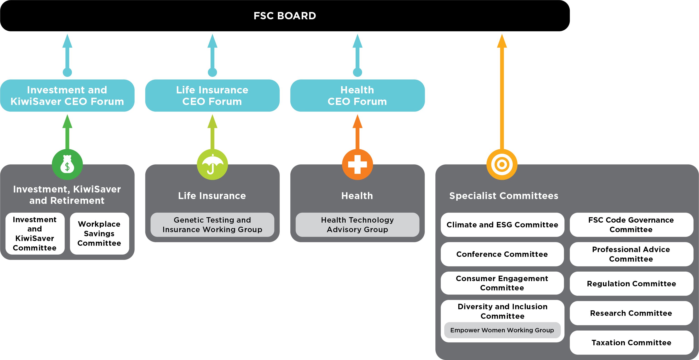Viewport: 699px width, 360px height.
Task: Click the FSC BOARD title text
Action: tap(285, 16)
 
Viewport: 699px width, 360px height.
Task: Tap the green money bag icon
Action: tap(67, 164)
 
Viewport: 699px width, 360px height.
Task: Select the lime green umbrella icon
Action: tap(212, 164)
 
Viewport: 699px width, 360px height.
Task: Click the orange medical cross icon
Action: tap(357, 164)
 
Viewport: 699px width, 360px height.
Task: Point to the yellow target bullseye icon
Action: tap(502, 164)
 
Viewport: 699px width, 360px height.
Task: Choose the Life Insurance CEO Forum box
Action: tap(212, 96)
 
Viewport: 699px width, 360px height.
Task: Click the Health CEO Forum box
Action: tap(357, 96)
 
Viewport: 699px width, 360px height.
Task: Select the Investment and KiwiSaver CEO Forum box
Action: tap(67, 96)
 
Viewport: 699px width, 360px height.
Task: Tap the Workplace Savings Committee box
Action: tap(99, 234)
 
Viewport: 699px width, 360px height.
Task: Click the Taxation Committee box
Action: tap(631, 342)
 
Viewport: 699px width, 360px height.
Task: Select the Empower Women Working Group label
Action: tap(502, 330)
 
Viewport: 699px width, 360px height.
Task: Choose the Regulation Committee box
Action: tap(631, 283)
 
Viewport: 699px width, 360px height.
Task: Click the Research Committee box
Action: tap(631, 313)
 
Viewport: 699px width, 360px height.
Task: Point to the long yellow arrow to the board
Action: tap(502, 95)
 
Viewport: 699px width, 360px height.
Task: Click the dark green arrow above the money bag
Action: tap(67, 133)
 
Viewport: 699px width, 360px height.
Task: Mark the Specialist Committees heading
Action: tap(504, 196)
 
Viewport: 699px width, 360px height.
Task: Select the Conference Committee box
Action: tap(502, 254)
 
